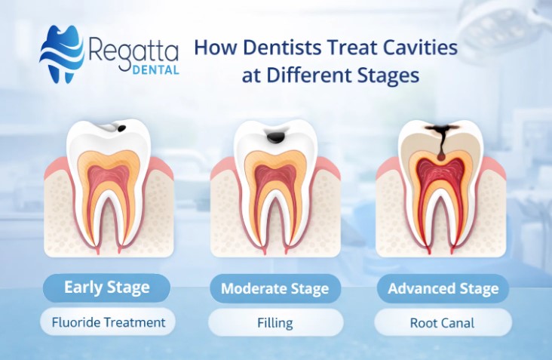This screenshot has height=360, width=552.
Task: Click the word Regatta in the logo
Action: click(133, 51)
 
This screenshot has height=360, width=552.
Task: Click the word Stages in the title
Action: click(391, 76)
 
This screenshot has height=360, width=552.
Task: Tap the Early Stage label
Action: click(106, 288)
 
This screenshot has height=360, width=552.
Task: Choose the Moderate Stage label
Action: click(274, 288)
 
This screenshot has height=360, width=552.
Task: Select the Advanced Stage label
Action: click(443, 288)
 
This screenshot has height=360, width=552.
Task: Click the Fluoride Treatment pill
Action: click(108, 322)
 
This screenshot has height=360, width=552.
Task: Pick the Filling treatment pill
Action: click(274, 323)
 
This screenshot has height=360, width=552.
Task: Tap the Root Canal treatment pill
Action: click(442, 323)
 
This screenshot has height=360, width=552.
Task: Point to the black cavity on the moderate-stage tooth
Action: click(278, 138)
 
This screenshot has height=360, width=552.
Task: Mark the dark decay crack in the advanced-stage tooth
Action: click(437, 139)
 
